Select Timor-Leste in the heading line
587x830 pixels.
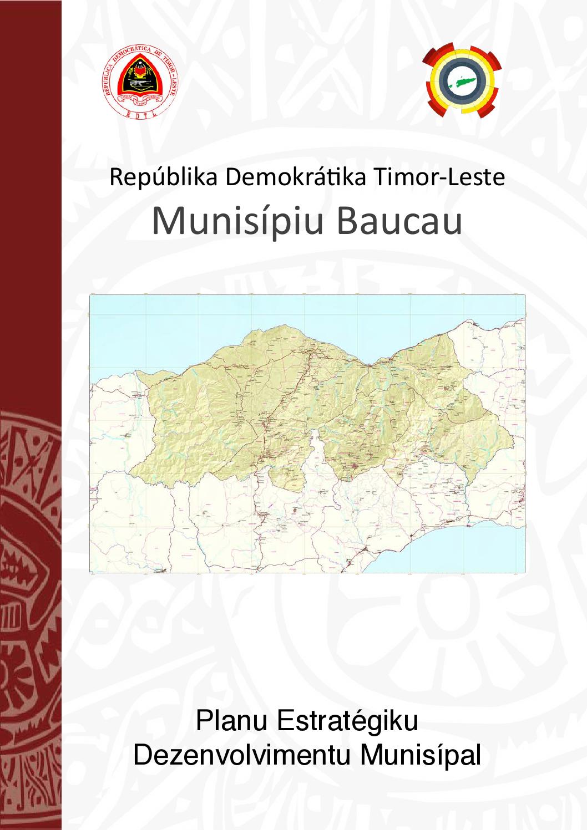[x=439, y=177]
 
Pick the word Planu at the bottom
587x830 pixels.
[x=231, y=721]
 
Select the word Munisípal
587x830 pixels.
[x=421, y=755]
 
